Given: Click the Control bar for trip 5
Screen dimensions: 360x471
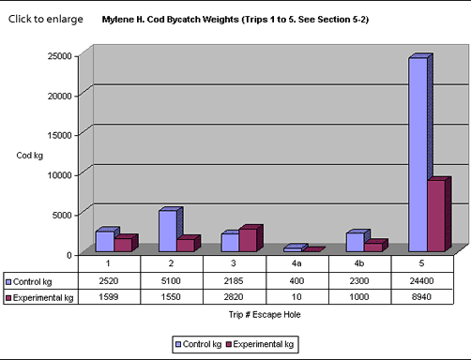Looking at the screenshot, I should click(x=418, y=155).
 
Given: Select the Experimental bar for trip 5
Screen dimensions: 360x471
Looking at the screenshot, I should click(x=436, y=216).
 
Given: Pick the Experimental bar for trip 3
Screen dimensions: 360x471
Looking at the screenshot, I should click(x=248, y=240).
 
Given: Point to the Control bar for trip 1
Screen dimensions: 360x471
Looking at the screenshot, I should click(x=105, y=241).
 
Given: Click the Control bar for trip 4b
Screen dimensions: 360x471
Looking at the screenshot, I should click(x=356, y=242).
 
